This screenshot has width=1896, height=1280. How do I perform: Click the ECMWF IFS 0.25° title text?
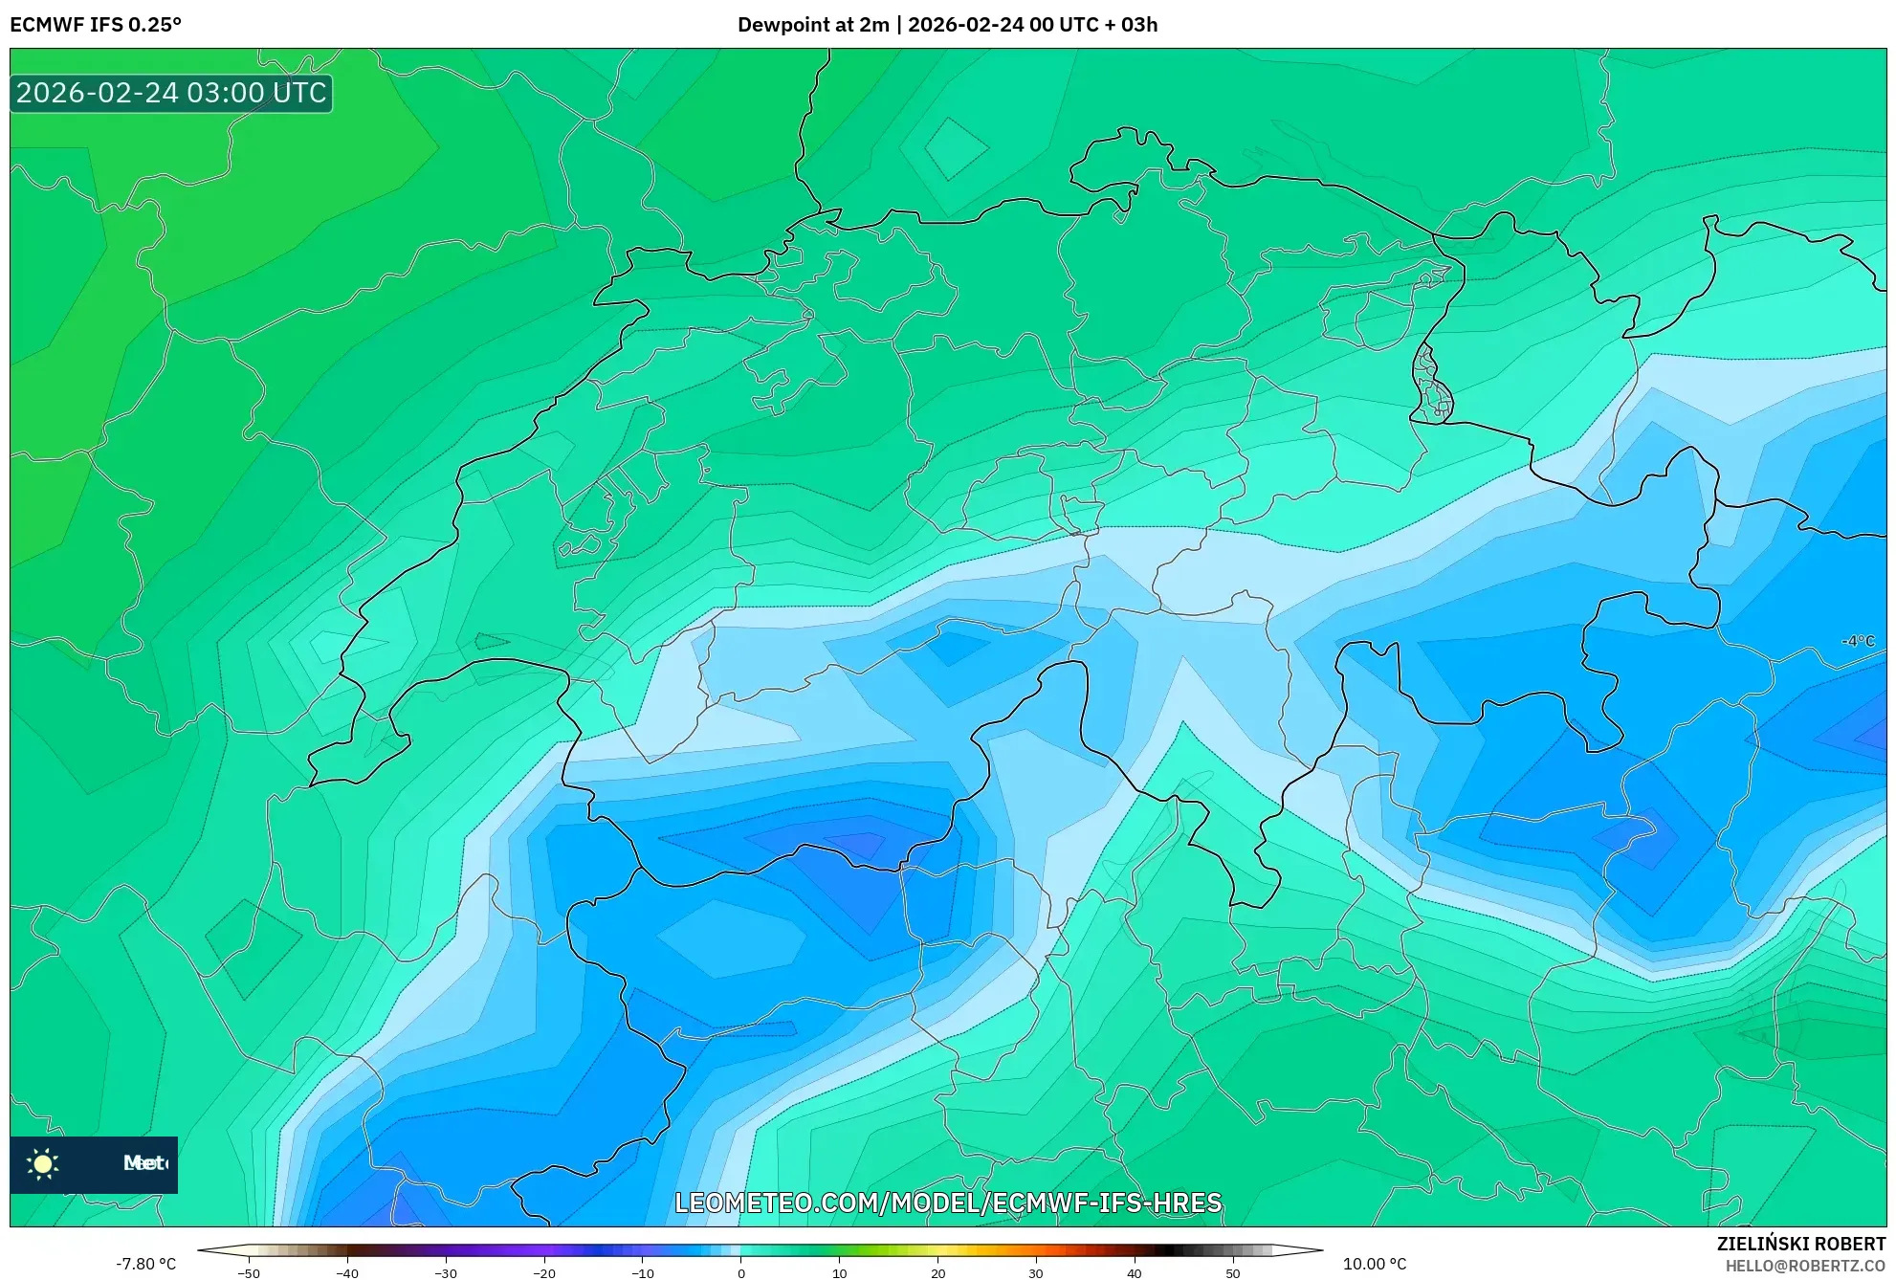pos(96,25)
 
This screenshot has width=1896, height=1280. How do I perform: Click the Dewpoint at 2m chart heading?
pos(947,25)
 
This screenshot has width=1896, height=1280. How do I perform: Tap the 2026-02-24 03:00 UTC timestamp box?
pos(171,94)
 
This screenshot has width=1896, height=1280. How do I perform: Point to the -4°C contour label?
pos(1858,641)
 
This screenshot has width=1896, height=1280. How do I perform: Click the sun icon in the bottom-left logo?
pos(43,1163)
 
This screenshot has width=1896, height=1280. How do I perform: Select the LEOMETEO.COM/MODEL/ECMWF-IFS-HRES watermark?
pos(948,1203)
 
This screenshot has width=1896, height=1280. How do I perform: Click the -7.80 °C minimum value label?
pos(145,1264)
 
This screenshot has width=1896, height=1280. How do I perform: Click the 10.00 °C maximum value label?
pos(1375,1264)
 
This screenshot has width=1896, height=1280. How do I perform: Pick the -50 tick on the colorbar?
pos(248,1273)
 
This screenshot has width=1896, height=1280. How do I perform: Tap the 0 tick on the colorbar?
pos(740,1273)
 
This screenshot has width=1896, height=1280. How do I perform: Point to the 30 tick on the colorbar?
pos(1036,1273)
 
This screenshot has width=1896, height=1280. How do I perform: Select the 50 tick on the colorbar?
pos(1233,1273)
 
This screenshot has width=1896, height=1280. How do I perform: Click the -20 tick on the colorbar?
pos(543,1273)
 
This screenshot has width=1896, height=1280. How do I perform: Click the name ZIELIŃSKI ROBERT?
pos(1800,1244)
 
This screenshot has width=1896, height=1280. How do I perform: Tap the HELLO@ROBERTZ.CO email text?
pos(1805,1266)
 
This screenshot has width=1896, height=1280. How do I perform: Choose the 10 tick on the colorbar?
pos(839,1273)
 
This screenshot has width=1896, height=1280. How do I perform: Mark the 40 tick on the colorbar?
pos(1135,1273)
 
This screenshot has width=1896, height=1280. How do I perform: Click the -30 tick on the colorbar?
pos(445,1273)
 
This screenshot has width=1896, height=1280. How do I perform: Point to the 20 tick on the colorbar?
pos(937,1273)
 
